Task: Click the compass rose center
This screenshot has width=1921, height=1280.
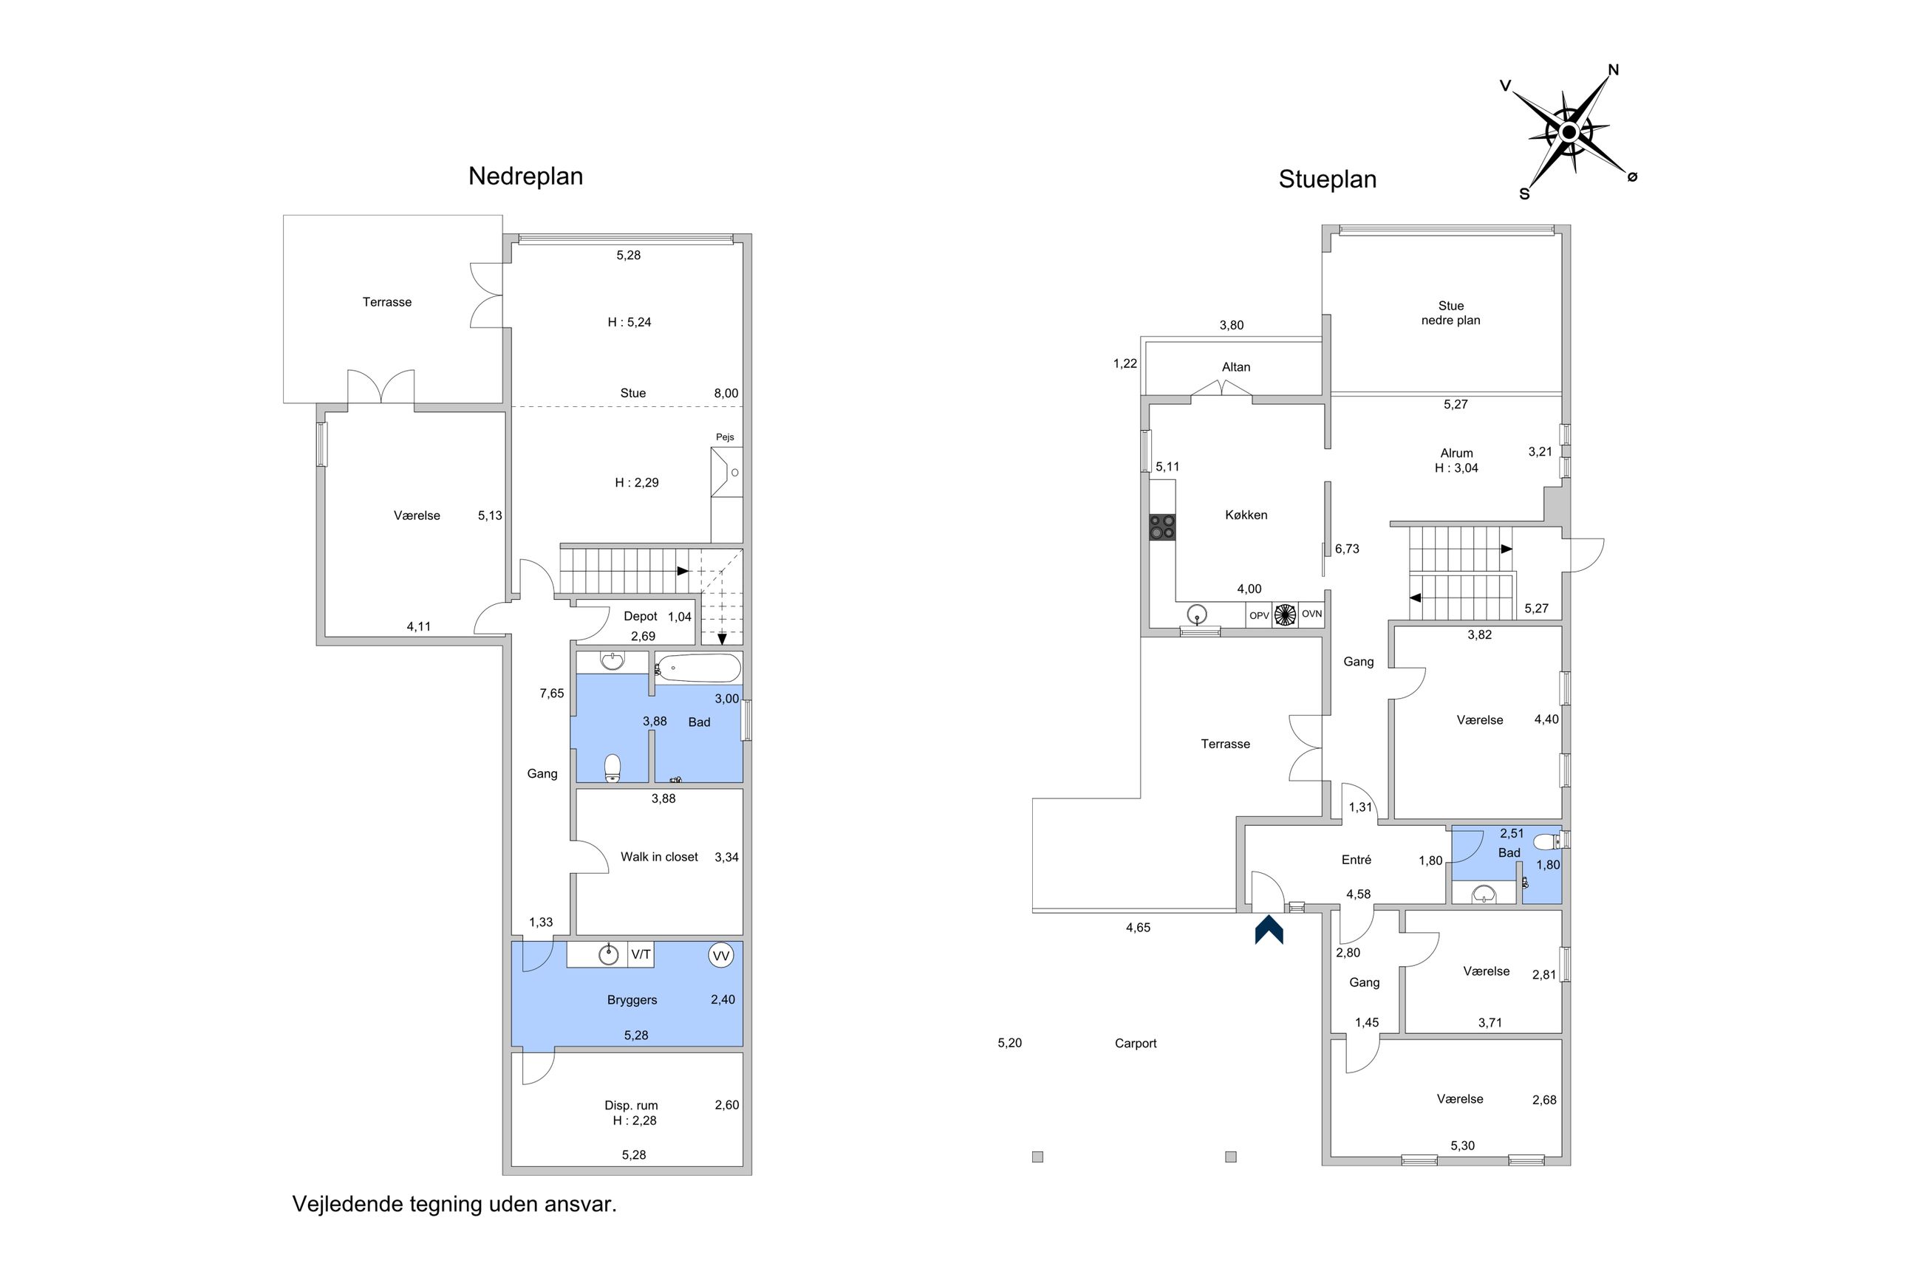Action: (1569, 131)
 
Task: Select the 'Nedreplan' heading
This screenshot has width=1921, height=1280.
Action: (525, 177)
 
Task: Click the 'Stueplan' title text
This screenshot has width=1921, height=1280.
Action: (1328, 179)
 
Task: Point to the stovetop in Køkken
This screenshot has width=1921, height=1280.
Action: (1161, 527)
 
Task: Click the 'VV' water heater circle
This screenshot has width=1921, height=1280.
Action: (721, 955)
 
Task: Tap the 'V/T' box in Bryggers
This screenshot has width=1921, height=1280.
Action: (641, 954)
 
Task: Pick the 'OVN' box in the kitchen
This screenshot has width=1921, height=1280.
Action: (1311, 615)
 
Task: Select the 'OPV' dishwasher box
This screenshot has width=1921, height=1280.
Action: (1259, 615)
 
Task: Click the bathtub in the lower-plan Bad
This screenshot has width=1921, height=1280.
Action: (699, 668)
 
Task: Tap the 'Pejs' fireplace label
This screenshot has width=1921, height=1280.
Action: (725, 437)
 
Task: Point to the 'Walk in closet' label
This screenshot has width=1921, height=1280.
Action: (659, 857)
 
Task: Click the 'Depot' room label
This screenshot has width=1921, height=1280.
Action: (640, 616)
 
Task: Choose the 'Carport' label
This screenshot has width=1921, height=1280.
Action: (1136, 1043)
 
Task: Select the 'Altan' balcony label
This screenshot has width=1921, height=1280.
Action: (1236, 367)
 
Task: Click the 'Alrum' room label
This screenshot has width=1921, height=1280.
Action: (1456, 453)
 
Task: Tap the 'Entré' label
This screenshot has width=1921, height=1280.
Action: (1357, 860)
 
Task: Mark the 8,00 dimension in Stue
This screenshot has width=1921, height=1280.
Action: (726, 394)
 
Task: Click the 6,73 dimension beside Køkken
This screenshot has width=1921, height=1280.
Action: (1347, 550)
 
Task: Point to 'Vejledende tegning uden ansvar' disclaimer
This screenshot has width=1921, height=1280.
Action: (454, 1204)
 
